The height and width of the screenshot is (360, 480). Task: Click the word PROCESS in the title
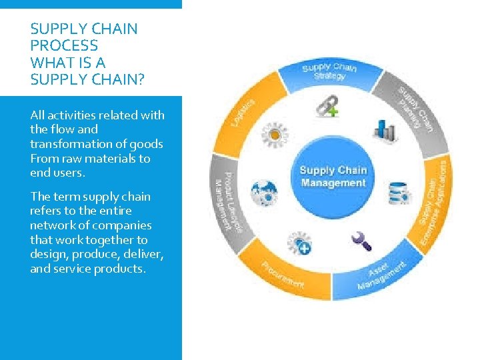coord(64,46)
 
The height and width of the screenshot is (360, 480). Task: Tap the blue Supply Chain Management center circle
coord(333,177)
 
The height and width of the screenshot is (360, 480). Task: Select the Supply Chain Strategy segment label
coord(329,71)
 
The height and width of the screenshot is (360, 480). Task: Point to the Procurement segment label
coord(283,275)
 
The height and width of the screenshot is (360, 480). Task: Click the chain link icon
coord(326,105)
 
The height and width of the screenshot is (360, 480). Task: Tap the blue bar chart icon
coord(385,128)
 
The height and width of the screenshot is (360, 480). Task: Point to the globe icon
coord(264,193)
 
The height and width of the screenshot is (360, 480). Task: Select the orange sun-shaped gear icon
coord(273,134)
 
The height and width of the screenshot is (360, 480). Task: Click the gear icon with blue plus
coord(299,243)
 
